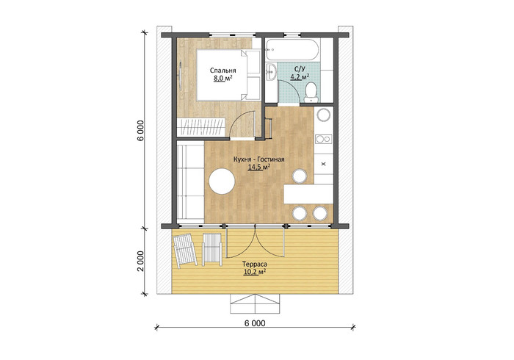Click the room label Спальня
[223, 71]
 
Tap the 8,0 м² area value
[223, 78]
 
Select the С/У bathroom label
[300, 69]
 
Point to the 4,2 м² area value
[300, 76]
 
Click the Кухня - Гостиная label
[259, 159]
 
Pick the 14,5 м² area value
[259, 168]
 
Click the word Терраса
[255, 264]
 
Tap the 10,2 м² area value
[255, 272]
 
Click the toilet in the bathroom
[310, 93]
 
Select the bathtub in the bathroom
[292, 50]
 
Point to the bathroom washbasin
[271, 71]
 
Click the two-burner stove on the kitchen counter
[324, 140]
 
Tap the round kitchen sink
[324, 115]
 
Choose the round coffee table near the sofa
[222, 181]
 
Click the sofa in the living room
[190, 182]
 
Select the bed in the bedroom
[228, 75]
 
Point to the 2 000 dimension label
[140, 262]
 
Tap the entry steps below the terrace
[255, 303]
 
